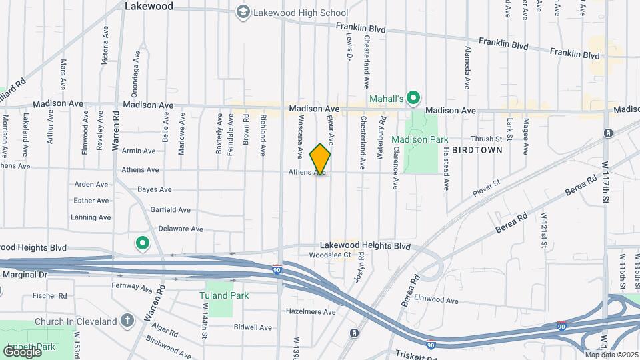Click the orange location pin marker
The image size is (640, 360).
point(321,159)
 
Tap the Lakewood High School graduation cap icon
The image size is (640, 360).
point(243,13)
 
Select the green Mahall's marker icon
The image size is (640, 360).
point(413,99)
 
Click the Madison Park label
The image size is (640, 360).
point(419,139)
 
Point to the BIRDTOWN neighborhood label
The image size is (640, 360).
point(477,151)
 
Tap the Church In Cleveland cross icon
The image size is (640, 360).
point(128,321)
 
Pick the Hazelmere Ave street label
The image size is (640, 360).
point(311,311)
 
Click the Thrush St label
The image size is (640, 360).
point(486,139)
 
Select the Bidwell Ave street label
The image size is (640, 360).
point(253,327)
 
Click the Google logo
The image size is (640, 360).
point(22,351)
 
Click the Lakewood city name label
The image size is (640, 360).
point(149,6)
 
